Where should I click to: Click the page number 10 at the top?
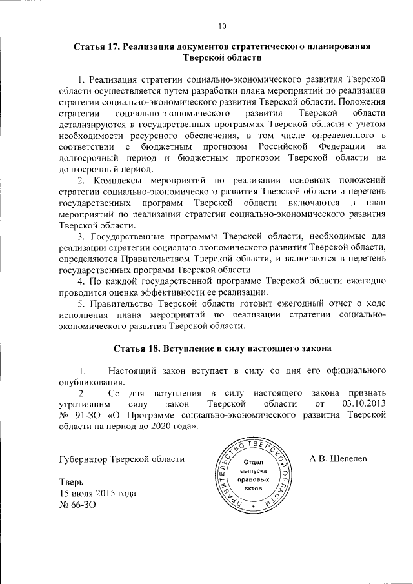[x=222, y=26]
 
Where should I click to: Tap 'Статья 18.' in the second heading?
[x=137, y=349]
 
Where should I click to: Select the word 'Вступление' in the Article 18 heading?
[x=190, y=349]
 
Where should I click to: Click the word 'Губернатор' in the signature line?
[x=85, y=460]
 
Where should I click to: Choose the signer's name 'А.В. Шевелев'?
[x=337, y=459]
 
